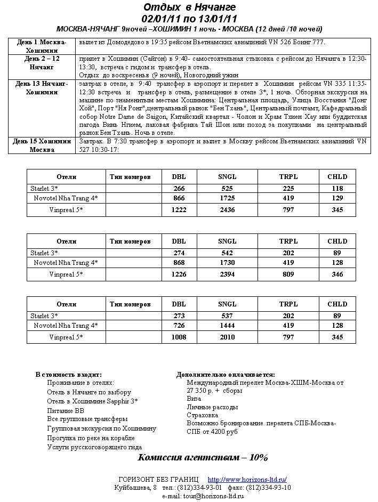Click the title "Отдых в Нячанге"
click(189, 7)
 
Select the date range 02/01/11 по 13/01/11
click(189, 18)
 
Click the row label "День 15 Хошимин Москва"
click(41, 145)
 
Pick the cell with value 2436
click(227, 210)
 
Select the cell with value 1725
click(227, 198)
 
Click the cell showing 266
click(179, 188)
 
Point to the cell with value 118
click(337, 188)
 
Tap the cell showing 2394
click(227, 274)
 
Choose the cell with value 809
click(288, 274)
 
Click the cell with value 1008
click(179, 337)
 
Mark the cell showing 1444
click(227, 325)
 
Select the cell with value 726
click(179, 325)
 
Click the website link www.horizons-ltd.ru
click(247, 480)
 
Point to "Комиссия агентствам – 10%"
click(203, 458)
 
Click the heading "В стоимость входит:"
click(68, 375)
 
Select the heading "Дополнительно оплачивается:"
click(226, 375)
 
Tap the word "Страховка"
click(202, 415)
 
